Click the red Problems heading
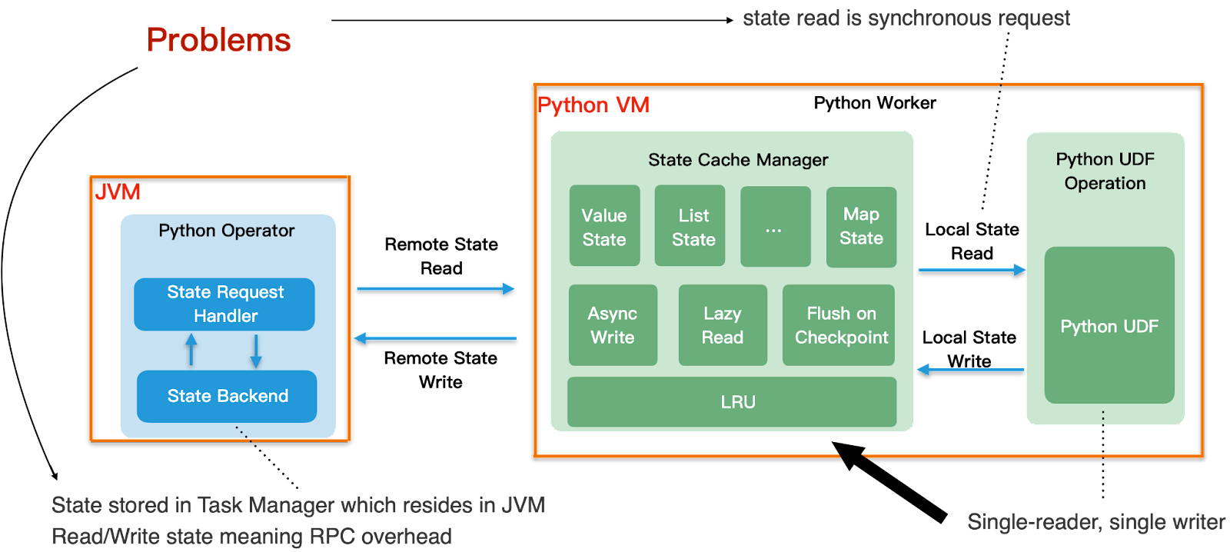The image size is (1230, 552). coord(218,40)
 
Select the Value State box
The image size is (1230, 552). coord(604,226)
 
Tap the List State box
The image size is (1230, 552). coord(690,226)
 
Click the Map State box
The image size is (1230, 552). coord(861,227)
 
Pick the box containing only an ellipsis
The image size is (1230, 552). coord(775,227)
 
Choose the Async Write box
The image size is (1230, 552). coord(613,325)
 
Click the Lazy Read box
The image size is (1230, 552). coord(723,325)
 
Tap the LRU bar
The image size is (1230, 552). coord(732,402)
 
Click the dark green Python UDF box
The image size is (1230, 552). coord(1109,326)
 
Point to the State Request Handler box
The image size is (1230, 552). coord(224,304)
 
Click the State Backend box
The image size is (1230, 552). coord(227,396)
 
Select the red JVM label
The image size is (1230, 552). coord(118,192)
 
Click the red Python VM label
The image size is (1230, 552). coord(593,105)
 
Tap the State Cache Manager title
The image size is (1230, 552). coord(738,160)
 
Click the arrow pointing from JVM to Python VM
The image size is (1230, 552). coord(435,289)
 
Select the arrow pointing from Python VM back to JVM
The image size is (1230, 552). coord(435,338)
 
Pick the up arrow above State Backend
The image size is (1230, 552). coord(191,350)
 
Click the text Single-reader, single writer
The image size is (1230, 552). coord(1096,523)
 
